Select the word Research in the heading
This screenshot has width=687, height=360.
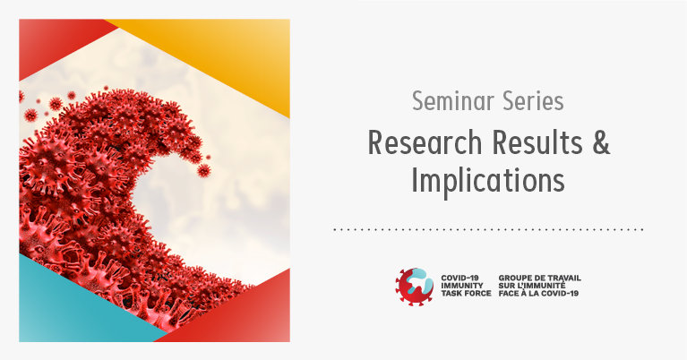425,142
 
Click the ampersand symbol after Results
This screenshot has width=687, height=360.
601,142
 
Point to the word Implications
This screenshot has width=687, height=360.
487,180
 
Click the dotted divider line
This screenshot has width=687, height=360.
488,229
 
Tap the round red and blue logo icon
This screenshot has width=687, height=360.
415,287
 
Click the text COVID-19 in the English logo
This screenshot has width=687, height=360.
460,279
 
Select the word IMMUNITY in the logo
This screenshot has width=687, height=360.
462,286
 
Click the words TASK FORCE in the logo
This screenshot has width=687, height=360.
466,293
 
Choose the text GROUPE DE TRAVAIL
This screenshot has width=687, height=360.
540,279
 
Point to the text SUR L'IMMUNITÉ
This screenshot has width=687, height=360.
532,286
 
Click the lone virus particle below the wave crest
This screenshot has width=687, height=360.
203,170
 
